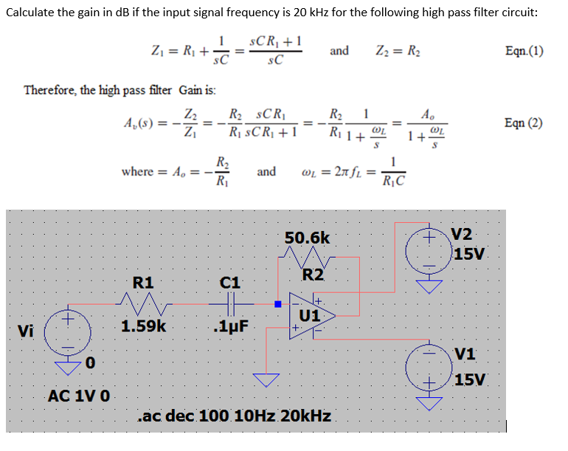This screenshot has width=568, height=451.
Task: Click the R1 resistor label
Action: pyautogui.click(x=142, y=281)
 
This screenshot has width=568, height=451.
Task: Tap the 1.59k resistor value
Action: pyautogui.click(x=145, y=326)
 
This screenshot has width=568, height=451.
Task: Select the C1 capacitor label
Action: pyautogui.click(x=231, y=282)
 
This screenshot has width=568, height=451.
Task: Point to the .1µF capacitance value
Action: pyautogui.click(x=229, y=326)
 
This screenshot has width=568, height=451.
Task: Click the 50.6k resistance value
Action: pyautogui.click(x=308, y=238)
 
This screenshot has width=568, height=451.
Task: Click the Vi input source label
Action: pyautogui.click(x=27, y=331)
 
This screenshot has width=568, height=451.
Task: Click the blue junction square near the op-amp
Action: pyautogui.click(x=278, y=303)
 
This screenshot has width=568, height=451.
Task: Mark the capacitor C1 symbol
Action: pyautogui.click(x=231, y=303)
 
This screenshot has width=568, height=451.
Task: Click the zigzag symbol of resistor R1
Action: pyautogui.click(x=145, y=303)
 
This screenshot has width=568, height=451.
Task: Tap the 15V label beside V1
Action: pyautogui.click(x=470, y=380)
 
